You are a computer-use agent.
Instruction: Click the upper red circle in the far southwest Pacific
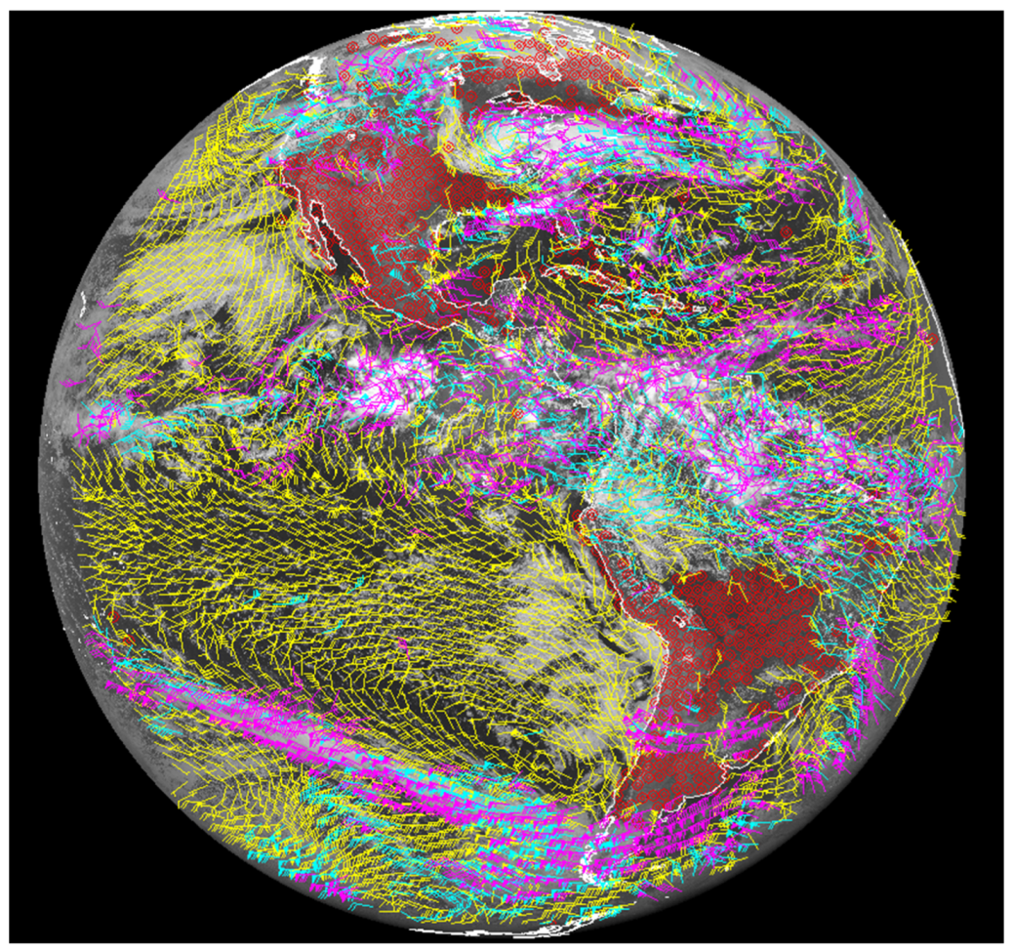[115, 615]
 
